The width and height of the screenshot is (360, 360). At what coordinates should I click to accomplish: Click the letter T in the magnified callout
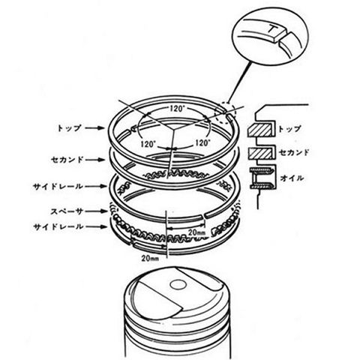pos(272,28)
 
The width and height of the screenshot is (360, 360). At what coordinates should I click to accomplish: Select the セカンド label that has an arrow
pos(67,160)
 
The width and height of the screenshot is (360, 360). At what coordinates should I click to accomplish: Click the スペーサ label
pos(67,211)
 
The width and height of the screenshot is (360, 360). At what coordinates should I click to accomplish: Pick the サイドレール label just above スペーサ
pos(58,186)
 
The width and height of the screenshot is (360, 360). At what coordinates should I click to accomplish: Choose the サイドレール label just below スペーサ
pos(58,227)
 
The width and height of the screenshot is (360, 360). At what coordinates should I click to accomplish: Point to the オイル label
pos(292,178)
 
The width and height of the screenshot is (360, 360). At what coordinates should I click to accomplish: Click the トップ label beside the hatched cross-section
pos(289,129)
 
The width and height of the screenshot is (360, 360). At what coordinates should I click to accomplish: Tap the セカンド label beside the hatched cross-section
pos(294,152)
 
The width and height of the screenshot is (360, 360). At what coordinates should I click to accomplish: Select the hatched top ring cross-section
pos(260,130)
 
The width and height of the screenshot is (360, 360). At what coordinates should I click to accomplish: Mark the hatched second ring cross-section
pos(260,153)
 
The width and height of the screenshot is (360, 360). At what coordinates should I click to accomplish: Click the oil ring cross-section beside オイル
pos(262,178)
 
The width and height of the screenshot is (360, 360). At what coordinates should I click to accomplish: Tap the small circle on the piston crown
pos(178,284)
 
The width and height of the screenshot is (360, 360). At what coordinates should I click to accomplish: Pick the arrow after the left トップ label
pos(94,128)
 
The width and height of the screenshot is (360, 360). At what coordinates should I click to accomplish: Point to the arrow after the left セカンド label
pos(95,160)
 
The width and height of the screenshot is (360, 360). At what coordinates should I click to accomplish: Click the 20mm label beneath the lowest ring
pos(150,258)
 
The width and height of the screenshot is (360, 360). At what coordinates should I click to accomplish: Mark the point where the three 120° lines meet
pos(174,129)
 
